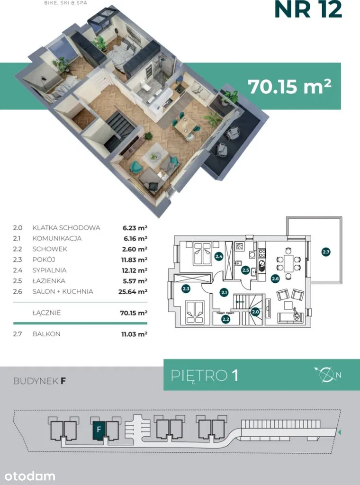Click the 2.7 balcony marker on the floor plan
pyautogui.click(x=326, y=252)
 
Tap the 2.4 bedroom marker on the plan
pyautogui.click(x=219, y=256)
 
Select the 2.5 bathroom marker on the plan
pyautogui.click(x=245, y=270)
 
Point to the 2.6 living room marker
pyautogui.click(x=275, y=278)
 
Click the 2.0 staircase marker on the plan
pyautogui.click(x=255, y=312)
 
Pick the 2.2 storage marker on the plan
pyautogui.click(x=226, y=320)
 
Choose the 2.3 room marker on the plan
pyautogui.click(x=186, y=289)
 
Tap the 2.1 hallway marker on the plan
pyautogui.click(x=224, y=292)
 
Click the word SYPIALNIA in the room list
pyautogui.click(x=49, y=270)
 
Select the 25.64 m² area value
pyautogui.click(x=133, y=291)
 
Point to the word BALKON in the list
pyautogui.click(x=46, y=334)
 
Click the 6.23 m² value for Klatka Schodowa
pyautogui.click(x=135, y=228)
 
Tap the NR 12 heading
pyautogui.click(x=308, y=9)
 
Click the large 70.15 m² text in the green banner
pyautogui.click(x=289, y=86)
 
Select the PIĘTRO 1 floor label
pyautogui.click(x=205, y=375)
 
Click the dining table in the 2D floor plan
pyautogui.click(x=288, y=263)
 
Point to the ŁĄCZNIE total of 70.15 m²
pyautogui.click(x=134, y=313)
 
